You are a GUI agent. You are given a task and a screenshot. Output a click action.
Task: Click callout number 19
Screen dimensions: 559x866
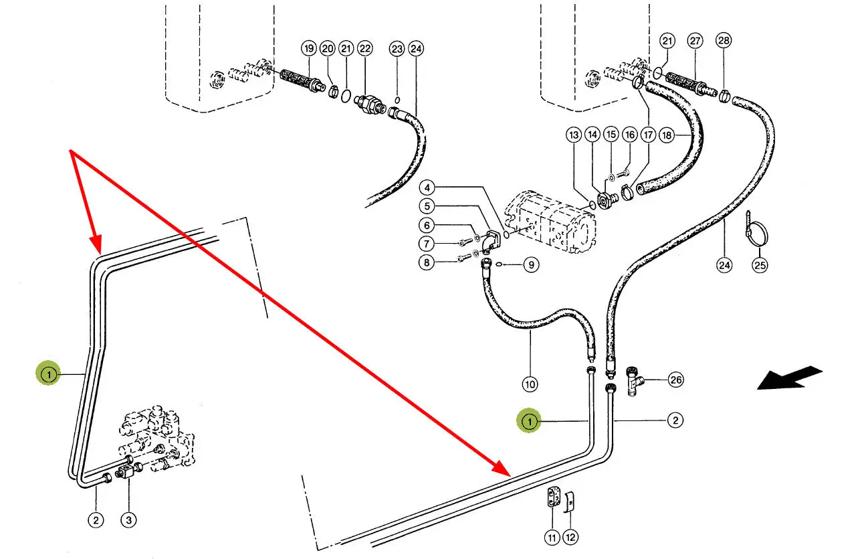[x=308, y=48]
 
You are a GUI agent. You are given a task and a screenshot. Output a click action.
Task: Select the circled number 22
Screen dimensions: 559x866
[x=364, y=48]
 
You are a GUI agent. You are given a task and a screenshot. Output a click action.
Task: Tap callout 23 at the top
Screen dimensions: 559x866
[x=397, y=48]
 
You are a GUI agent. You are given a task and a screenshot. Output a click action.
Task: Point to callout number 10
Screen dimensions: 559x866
[x=530, y=384]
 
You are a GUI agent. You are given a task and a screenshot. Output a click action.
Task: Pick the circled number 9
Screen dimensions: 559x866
[x=530, y=265]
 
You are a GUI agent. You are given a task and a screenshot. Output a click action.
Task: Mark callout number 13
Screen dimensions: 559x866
[x=574, y=135]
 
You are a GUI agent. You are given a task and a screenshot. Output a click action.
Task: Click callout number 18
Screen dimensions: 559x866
[x=666, y=135]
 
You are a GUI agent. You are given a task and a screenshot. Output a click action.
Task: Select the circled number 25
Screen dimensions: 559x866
[x=760, y=266]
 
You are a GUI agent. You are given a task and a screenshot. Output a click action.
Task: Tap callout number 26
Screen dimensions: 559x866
[x=676, y=380]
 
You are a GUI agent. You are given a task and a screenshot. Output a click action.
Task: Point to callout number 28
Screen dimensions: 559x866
[x=724, y=41]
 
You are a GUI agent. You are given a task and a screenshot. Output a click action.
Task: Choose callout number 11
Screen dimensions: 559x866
[x=552, y=536]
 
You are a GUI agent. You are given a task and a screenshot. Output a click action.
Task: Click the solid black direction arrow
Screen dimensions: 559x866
[x=789, y=378]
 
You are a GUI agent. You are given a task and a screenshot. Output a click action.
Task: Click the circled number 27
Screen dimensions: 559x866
[x=695, y=41]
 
